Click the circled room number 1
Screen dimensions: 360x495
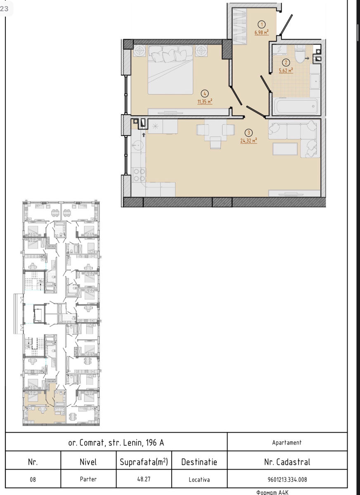[x=262, y=24]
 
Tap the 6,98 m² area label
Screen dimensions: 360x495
[x=262, y=33]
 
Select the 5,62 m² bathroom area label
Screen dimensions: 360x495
[x=286, y=71]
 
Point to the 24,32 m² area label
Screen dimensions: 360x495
[x=249, y=141]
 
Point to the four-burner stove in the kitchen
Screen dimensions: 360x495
[x=139, y=175]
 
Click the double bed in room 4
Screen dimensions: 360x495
[x=171, y=70]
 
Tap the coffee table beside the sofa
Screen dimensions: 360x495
[x=285, y=149]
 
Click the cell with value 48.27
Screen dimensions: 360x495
[x=144, y=479]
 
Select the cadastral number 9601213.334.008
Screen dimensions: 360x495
[x=287, y=479]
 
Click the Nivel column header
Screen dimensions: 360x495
[x=88, y=462]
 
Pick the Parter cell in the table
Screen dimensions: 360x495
[x=88, y=479]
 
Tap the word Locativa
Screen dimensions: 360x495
[x=199, y=479]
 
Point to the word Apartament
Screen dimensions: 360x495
[x=287, y=442]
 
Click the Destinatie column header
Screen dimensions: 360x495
[x=199, y=462]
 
